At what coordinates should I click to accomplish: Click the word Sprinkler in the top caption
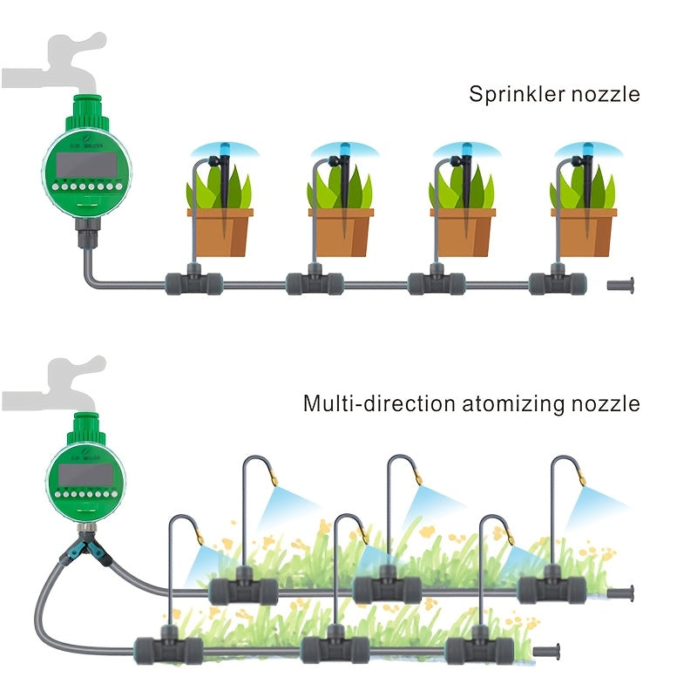[x=513, y=94]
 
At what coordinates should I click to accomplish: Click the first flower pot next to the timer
[x=220, y=230]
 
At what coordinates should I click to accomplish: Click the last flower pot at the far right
[x=583, y=230]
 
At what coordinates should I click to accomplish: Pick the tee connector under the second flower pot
[x=315, y=283]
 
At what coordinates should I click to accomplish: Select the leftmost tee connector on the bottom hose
[x=168, y=648]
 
